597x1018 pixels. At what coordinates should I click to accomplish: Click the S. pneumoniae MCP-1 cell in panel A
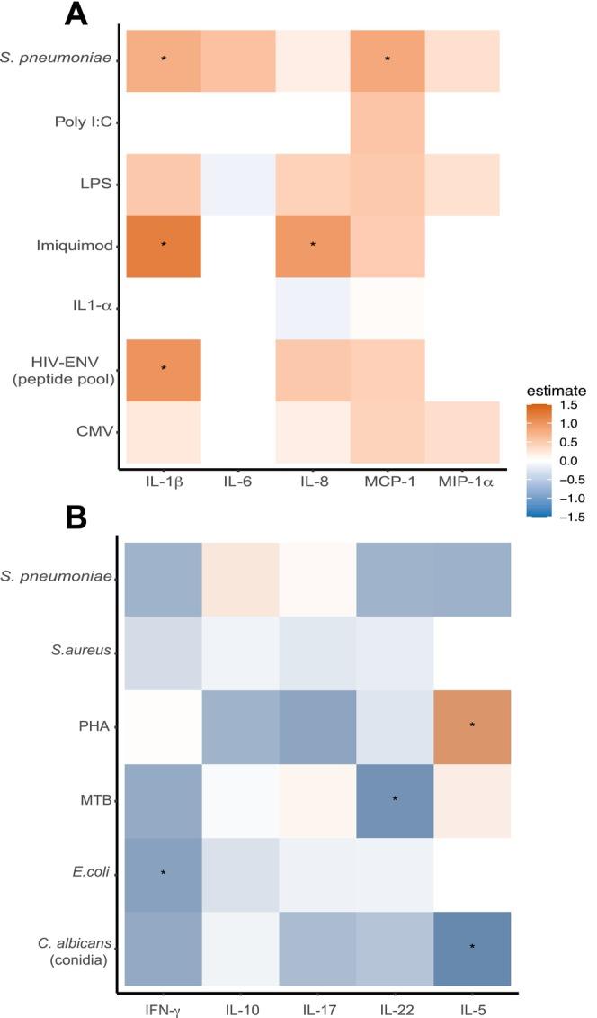388,59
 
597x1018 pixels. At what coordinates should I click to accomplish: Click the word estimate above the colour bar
556,392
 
